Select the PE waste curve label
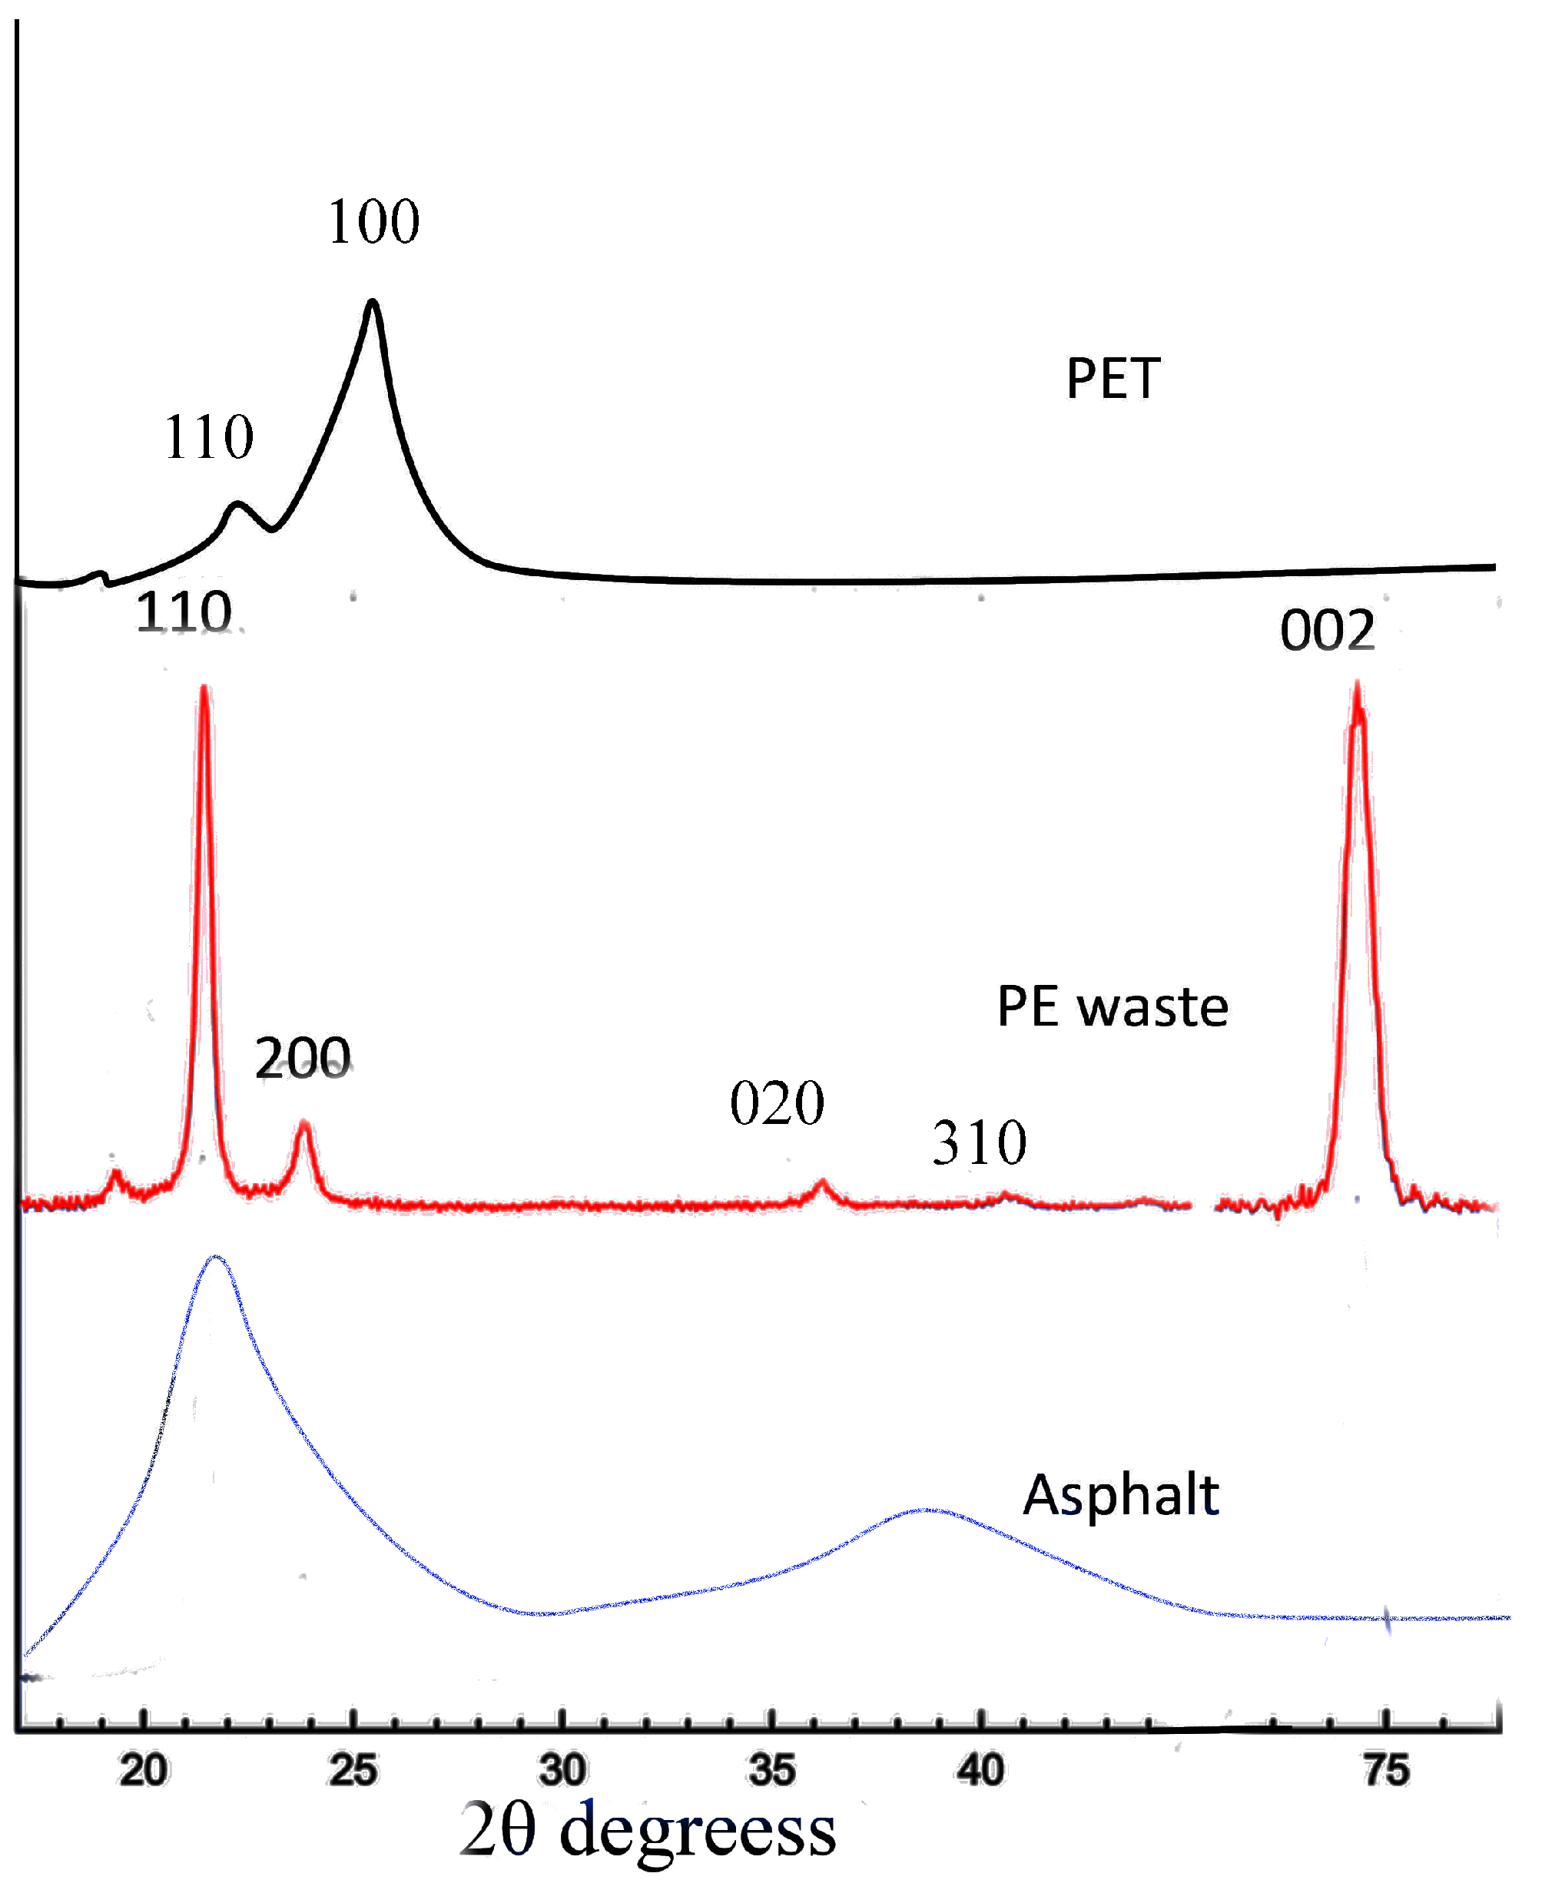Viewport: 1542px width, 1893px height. pos(1112,1007)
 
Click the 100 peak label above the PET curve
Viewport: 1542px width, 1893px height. pos(373,222)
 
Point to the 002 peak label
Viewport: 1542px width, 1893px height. pos(1327,632)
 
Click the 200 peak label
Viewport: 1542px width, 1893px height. pos(303,1059)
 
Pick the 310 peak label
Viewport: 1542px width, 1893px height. pos(979,1143)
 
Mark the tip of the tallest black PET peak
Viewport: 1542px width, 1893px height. pos(372,302)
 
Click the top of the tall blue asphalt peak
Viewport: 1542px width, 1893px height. pos(216,1257)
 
